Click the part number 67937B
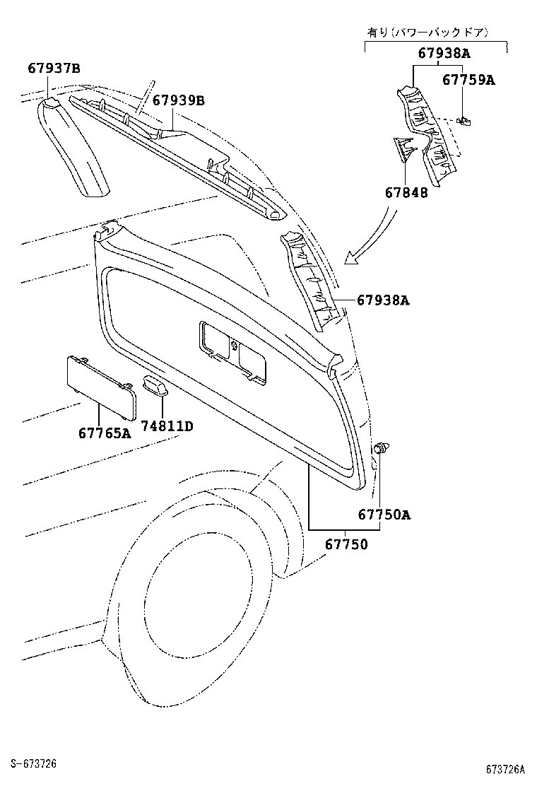pyautogui.click(x=54, y=69)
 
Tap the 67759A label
pyautogui.click(x=468, y=80)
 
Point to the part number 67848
pyautogui.click(x=406, y=192)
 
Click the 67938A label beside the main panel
pyautogui.click(x=383, y=300)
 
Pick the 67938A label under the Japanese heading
pyautogui.click(x=444, y=53)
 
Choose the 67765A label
pyautogui.click(x=105, y=432)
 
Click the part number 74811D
pyautogui.click(x=166, y=426)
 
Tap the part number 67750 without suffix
pyautogui.click(x=346, y=545)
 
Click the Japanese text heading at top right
pyautogui.click(x=437, y=33)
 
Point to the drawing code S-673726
pyautogui.click(x=34, y=764)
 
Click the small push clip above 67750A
pyautogui.click(x=381, y=447)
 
